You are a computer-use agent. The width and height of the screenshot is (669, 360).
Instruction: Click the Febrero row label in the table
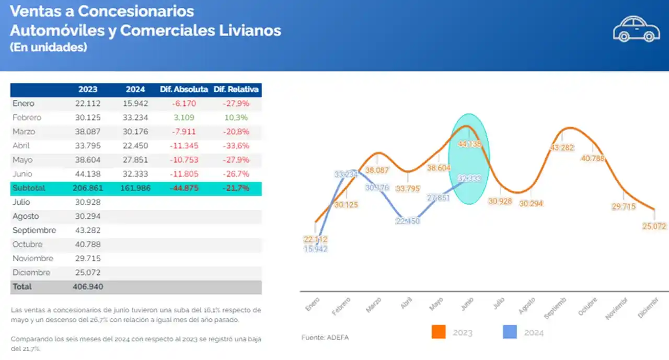coord(27,118)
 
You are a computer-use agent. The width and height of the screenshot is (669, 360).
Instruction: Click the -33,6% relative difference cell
coord(236,146)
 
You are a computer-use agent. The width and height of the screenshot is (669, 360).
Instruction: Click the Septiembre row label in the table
coord(34,230)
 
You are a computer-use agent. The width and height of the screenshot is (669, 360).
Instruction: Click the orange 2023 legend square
coord(439,332)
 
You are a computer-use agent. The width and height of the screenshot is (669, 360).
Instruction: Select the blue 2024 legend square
coord(510,332)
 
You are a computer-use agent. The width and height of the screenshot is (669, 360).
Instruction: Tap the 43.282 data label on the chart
coord(562,148)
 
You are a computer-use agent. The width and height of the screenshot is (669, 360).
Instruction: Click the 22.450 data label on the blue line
coord(408,221)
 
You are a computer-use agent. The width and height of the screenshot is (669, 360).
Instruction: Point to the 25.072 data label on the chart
coord(654,226)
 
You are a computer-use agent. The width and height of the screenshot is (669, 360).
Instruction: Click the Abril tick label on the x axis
coord(406,304)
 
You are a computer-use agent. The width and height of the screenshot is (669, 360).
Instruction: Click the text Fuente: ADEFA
coord(325,338)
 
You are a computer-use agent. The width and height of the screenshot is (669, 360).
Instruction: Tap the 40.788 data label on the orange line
coord(593,158)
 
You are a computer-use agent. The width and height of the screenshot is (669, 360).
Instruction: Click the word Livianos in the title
coord(252,30)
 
